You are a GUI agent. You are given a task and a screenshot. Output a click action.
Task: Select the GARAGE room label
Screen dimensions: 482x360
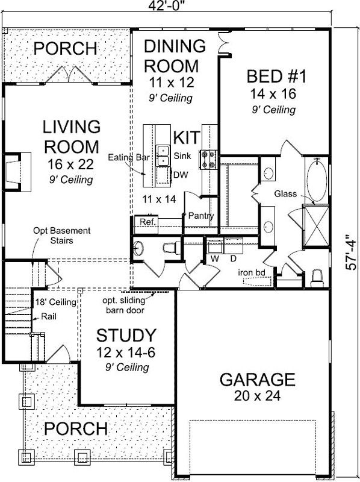257,380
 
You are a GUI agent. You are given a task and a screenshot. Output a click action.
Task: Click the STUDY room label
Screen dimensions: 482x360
127,336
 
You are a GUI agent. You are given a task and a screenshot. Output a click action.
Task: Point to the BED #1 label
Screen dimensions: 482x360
278,77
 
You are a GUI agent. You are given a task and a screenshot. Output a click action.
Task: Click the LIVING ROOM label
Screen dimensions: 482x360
71,137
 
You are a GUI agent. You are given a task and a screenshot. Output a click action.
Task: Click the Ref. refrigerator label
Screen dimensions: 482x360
147,222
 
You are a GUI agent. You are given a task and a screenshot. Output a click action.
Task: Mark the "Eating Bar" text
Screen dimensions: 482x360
128,157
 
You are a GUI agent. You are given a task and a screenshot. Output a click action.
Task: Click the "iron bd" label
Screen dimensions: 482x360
252,272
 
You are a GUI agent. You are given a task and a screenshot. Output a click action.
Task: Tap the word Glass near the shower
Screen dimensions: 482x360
287,193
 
